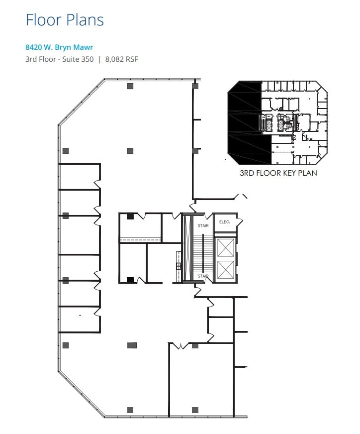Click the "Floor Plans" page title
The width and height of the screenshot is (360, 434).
point(65,20)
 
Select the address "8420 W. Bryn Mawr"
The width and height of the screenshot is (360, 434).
point(60,48)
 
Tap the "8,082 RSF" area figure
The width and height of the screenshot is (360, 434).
point(121,59)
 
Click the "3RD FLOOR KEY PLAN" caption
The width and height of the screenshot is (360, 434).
point(278,173)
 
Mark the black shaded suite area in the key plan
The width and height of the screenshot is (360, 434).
point(244,124)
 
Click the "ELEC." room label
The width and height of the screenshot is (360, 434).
point(224,222)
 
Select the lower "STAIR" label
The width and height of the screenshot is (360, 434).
point(202,276)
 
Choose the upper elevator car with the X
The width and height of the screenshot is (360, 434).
point(225,247)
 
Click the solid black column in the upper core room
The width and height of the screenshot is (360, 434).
point(130,216)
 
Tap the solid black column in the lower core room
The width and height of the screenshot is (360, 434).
point(130,280)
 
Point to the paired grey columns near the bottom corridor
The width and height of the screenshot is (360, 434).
point(132,345)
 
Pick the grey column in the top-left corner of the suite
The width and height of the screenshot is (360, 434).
point(130,86)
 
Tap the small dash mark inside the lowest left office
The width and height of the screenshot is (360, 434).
point(80,315)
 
